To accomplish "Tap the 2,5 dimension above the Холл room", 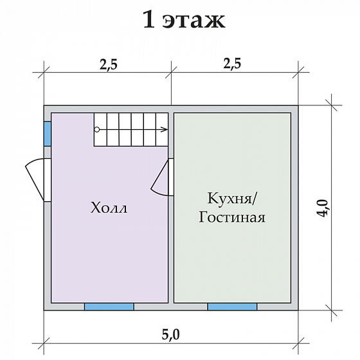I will click(108, 64).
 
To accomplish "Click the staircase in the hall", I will click(132, 129).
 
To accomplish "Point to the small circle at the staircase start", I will click(97, 129).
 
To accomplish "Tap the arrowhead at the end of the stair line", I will click(166, 129).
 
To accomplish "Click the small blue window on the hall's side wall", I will click(48, 133).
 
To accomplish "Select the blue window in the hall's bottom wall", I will click(109, 307).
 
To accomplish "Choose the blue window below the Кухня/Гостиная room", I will click(232, 307).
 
